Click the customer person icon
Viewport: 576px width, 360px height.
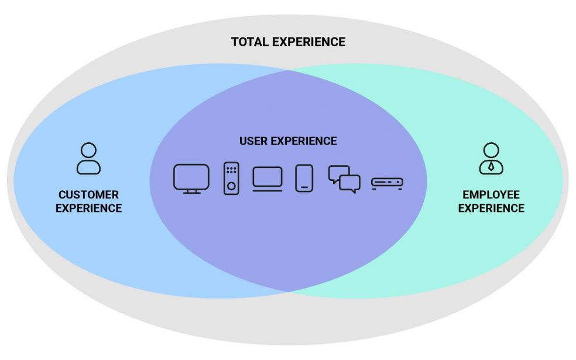point(88,158)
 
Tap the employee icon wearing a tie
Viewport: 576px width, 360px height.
point(491,158)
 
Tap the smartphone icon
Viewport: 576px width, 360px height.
point(304,178)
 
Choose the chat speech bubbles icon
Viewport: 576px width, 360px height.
point(344,179)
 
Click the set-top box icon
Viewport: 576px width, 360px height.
point(388,184)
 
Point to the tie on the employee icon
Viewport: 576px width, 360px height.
point(491,166)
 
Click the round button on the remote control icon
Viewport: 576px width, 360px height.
point(231,186)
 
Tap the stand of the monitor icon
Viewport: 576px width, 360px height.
point(191,191)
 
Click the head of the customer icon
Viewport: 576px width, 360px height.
point(88,149)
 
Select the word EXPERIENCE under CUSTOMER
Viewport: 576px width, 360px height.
point(88,208)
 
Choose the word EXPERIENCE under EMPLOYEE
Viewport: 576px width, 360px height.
point(491,208)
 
